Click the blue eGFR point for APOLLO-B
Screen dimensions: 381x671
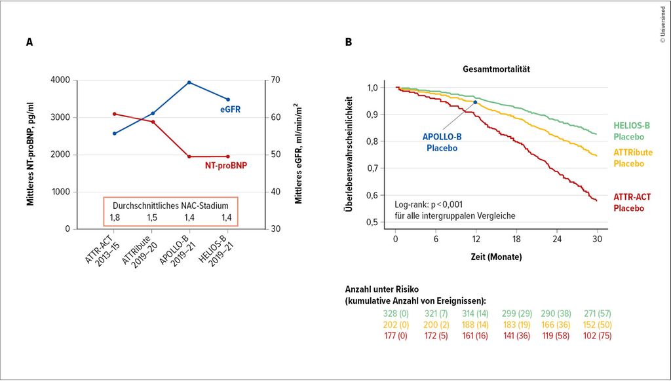(x=189, y=82)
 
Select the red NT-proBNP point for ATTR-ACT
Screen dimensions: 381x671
(x=114, y=114)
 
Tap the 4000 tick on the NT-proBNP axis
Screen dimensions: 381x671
(x=59, y=80)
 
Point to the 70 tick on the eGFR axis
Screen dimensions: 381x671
(x=276, y=80)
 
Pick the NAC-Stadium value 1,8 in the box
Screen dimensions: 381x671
(x=115, y=217)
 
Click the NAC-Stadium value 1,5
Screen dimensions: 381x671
(x=152, y=217)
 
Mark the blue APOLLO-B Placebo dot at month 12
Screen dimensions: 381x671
(x=475, y=102)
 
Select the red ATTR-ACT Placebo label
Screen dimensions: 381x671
(x=632, y=202)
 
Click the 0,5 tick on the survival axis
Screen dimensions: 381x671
(x=372, y=223)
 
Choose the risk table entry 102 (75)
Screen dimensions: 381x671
(x=595, y=335)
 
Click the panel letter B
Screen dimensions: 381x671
(x=349, y=43)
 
